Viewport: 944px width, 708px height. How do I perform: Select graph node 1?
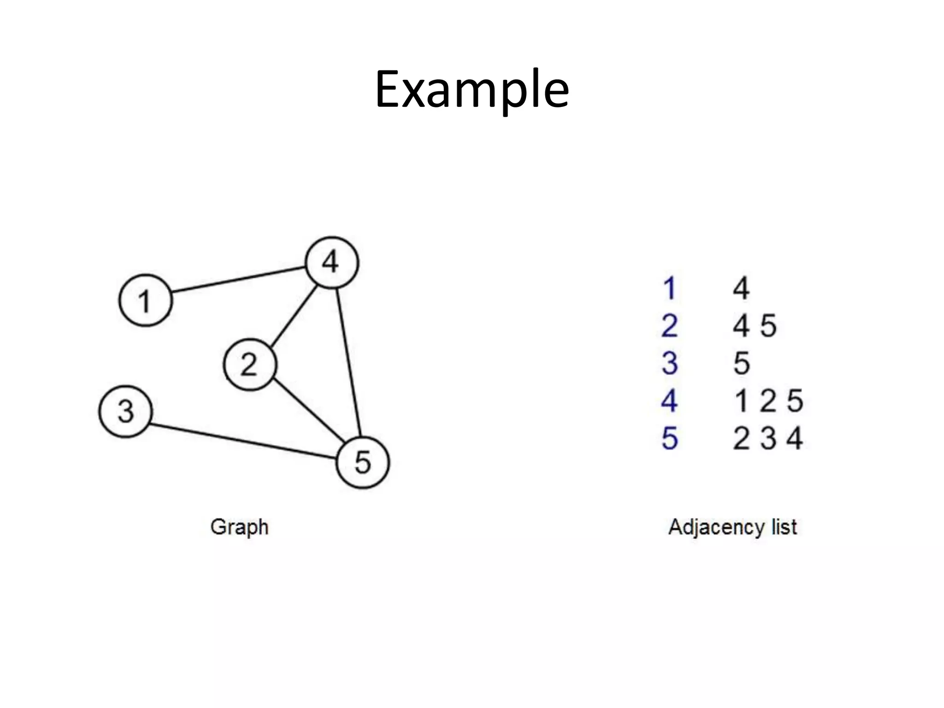tap(146, 301)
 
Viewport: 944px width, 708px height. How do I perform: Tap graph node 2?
tap(250, 365)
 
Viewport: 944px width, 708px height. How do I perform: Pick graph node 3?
tap(125, 411)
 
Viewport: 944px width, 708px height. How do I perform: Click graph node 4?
tap(332, 263)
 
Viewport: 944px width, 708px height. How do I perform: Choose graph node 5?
tap(363, 462)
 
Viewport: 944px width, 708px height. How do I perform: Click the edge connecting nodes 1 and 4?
tap(239, 279)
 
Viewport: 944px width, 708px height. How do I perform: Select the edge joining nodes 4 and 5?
tap(348, 362)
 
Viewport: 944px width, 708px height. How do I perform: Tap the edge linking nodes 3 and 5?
tap(242, 441)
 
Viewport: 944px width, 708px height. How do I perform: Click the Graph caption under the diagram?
tap(239, 527)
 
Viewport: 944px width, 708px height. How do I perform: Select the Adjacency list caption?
tap(732, 527)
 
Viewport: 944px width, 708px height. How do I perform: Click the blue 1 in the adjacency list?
tap(669, 289)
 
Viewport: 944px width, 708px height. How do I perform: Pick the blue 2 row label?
tap(669, 326)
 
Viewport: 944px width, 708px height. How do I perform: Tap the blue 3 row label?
tap(669, 363)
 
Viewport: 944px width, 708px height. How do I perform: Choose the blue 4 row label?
tap(669, 401)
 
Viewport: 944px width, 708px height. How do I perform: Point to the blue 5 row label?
tap(669, 438)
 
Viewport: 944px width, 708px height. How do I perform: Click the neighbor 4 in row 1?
tap(741, 289)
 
